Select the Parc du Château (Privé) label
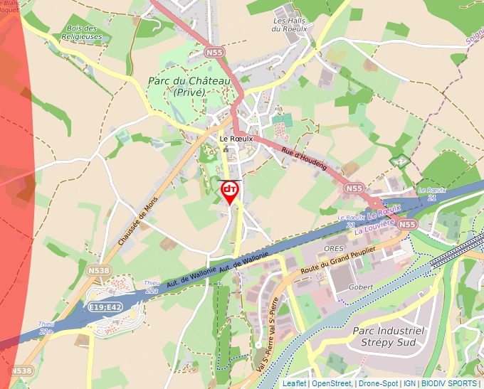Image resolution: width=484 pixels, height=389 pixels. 189,87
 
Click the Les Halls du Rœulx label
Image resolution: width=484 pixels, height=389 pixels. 289,25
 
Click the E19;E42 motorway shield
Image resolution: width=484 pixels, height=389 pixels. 105,307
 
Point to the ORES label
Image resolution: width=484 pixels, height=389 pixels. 333,248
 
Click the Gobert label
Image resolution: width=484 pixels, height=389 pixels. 361,287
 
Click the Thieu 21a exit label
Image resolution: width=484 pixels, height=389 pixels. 152,287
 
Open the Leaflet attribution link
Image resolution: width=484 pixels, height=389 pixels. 294,383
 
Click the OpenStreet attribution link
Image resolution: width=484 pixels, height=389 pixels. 331,383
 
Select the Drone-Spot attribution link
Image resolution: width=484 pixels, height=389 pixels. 378,383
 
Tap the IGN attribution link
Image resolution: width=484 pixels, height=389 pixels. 409,383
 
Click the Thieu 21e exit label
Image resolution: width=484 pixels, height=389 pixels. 46,328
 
